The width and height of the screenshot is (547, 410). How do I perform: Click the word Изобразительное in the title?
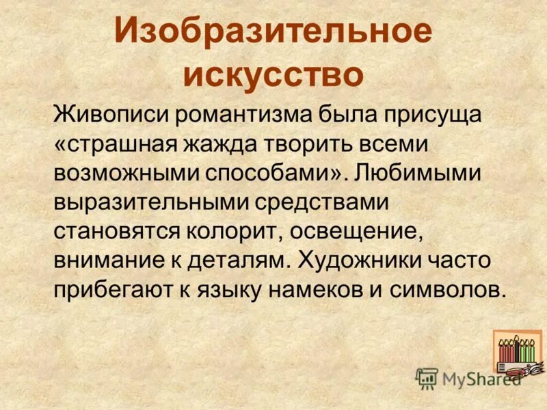pos(273,33)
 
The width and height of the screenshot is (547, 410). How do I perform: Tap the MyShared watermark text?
pos(479,378)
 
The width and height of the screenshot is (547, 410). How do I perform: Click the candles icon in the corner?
pos(517,351)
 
